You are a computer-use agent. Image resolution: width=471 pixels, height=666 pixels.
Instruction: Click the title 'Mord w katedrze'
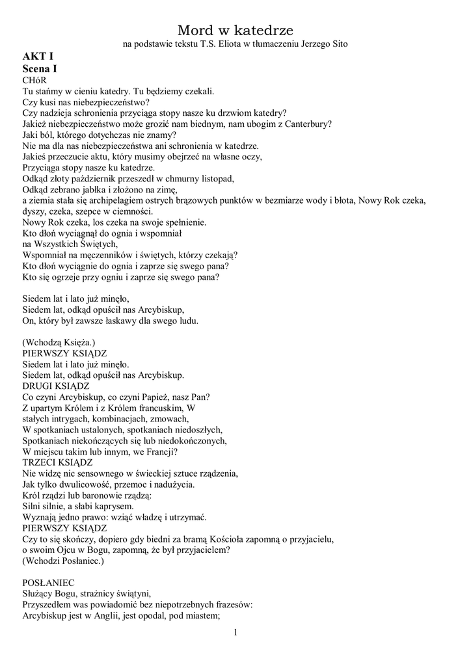coord(235,30)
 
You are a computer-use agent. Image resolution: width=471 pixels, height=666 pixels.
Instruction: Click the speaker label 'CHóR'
coord(36,79)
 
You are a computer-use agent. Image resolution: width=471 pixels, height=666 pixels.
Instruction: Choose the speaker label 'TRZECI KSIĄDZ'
coord(57,462)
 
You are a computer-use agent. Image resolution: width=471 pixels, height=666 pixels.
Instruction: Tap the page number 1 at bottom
coord(235,632)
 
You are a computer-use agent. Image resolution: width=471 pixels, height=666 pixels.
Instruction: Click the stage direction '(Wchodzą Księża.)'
coord(59,342)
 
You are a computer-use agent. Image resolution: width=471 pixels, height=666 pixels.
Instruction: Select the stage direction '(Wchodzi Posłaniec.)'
coord(63,560)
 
